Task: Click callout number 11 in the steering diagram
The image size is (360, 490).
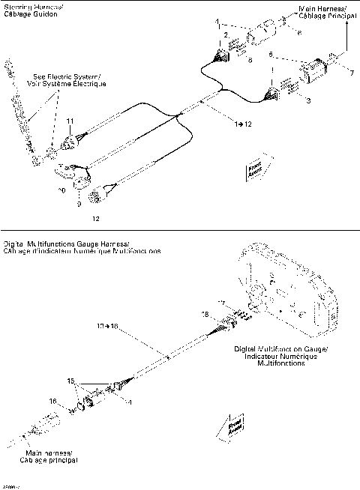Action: (x=70, y=121)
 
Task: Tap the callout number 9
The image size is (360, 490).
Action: (x=82, y=203)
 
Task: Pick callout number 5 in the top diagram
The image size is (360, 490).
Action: (x=272, y=54)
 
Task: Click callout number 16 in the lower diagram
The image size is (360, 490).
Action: (x=52, y=402)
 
